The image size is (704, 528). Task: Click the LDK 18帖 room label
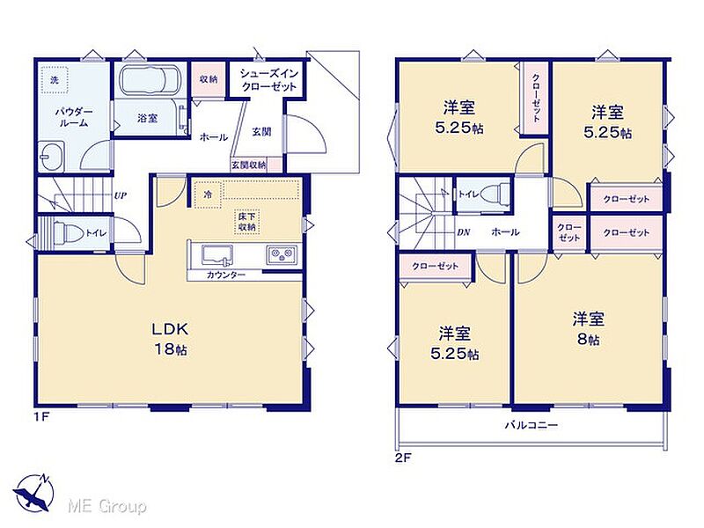(x=169, y=339)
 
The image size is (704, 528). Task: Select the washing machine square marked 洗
(x=55, y=80)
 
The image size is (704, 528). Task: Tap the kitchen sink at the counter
(x=216, y=255)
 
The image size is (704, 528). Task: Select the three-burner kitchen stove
(x=282, y=256)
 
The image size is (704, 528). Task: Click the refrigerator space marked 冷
(x=208, y=194)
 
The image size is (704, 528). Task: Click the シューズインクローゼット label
(x=268, y=79)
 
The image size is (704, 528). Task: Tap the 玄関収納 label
(x=249, y=165)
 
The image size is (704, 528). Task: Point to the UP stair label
(x=120, y=195)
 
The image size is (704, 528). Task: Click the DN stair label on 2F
(x=464, y=232)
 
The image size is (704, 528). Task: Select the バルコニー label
(x=532, y=425)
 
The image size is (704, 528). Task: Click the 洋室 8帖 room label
(x=588, y=328)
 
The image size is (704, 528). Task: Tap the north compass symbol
(x=33, y=493)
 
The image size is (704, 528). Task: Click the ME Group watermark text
(x=106, y=507)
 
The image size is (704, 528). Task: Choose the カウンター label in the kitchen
(x=226, y=275)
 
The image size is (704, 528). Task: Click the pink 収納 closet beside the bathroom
(x=209, y=79)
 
